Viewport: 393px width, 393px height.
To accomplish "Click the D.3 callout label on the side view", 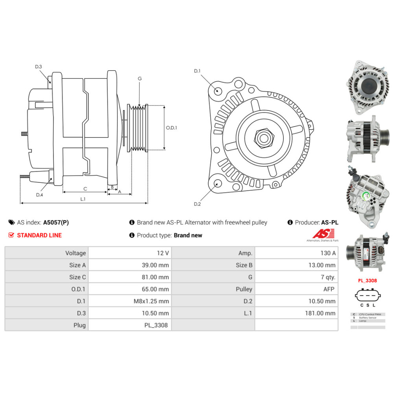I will pos(38,67).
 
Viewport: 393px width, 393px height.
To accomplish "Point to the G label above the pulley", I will pos(140,79).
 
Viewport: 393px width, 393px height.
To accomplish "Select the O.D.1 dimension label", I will pos(171,128).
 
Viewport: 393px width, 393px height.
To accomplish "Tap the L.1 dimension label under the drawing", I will pos(83,199).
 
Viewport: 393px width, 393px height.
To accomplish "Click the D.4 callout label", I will pos(39,195).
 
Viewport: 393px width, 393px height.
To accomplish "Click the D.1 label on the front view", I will pos(197,71).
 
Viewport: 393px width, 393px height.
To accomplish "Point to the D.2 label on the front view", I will pos(197,204).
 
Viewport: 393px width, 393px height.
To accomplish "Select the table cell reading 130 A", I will pos(296,253).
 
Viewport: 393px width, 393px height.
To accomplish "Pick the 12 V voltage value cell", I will pos(130,253).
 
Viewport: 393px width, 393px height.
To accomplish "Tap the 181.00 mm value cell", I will pos(296,313).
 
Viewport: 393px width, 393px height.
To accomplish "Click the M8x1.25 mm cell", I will pos(130,301).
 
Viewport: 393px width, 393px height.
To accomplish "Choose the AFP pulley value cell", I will pos(296,289).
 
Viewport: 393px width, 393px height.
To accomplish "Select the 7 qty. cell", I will pos(296,277).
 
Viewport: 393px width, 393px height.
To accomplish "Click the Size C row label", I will pos(46,277).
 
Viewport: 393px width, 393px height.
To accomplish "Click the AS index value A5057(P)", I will pos(56,222).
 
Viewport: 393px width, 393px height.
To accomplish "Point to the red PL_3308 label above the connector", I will pos(367,281).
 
